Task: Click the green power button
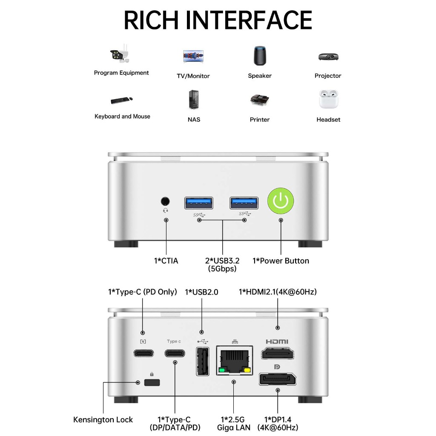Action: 281,200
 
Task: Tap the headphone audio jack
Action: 166,201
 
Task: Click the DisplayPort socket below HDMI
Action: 277,379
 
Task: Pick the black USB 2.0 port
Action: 202,361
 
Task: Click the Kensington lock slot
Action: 152,382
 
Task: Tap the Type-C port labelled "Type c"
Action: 175,353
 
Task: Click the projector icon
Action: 328,57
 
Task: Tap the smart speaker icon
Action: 259,56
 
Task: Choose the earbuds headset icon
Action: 328,99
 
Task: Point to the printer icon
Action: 259,100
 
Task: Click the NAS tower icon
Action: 194,100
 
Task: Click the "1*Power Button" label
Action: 281,261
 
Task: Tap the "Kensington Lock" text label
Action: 103,419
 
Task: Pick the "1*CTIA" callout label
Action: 166,261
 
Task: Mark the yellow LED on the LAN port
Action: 247,370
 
